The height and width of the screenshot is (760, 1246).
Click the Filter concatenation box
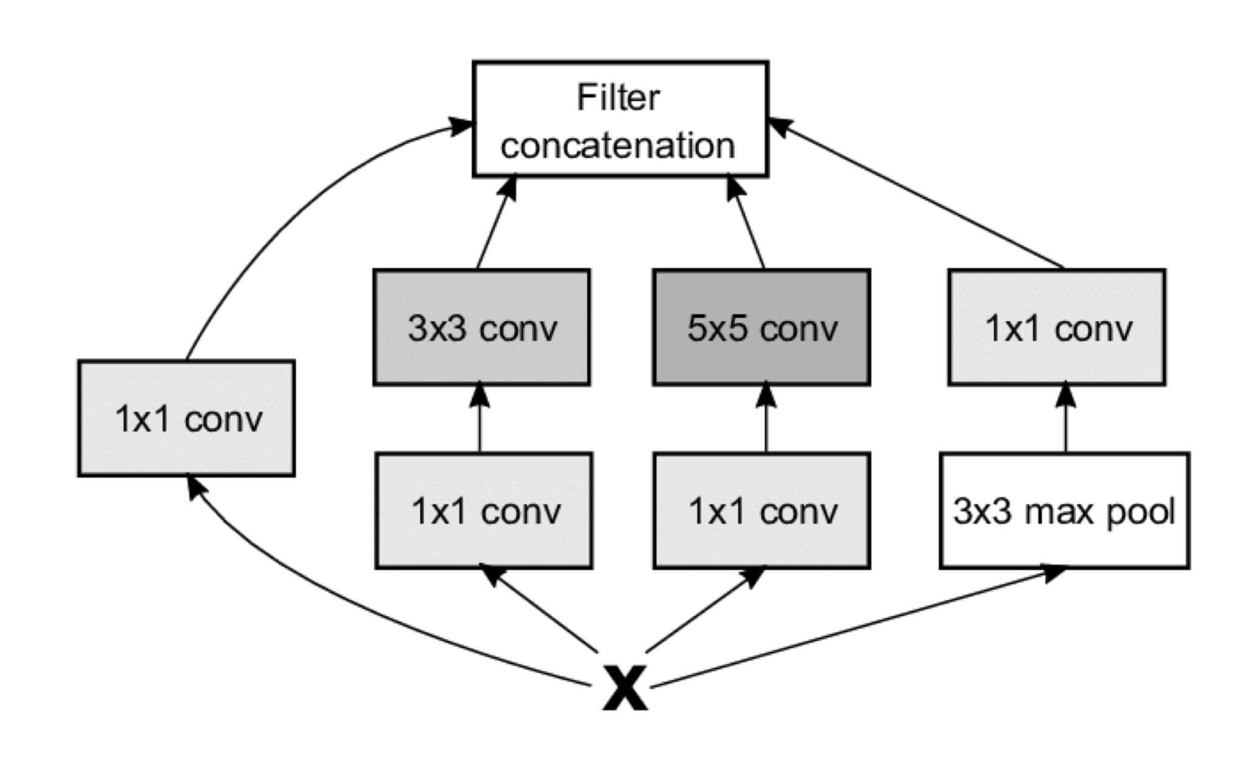click(620, 119)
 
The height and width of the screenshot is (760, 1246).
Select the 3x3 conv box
click(481, 327)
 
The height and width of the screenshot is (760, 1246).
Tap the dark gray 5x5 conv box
click(761, 327)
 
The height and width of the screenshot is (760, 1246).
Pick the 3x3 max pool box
click(1064, 511)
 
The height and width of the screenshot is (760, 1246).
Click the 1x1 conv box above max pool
click(1057, 327)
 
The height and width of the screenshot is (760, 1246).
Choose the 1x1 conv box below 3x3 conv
click(484, 511)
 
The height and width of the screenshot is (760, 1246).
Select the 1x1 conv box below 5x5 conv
click(761, 511)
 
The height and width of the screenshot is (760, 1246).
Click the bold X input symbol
click(625, 687)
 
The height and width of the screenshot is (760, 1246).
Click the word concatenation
click(618, 146)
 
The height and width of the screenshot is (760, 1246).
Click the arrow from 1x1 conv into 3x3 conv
click(480, 419)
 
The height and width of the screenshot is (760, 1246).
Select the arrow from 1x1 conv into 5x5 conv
click(766, 419)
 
